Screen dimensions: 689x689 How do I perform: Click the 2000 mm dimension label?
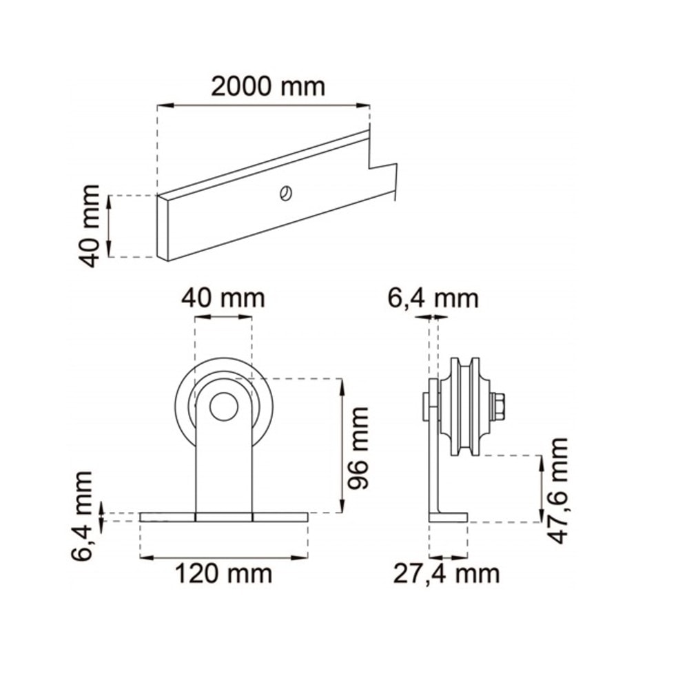point(267,87)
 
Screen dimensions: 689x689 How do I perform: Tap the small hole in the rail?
point(283,194)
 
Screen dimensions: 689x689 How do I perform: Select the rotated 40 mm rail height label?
point(91,226)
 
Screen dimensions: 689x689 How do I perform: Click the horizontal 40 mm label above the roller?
point(223,299)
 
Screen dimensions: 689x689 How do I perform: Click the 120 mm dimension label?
point(223,573)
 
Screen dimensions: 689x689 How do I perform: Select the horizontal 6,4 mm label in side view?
point(433,299)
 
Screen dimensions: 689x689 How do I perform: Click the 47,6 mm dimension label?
point(559,490)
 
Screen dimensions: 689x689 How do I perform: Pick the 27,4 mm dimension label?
point(446,573)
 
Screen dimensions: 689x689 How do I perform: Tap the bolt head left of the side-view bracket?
point(423,407)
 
